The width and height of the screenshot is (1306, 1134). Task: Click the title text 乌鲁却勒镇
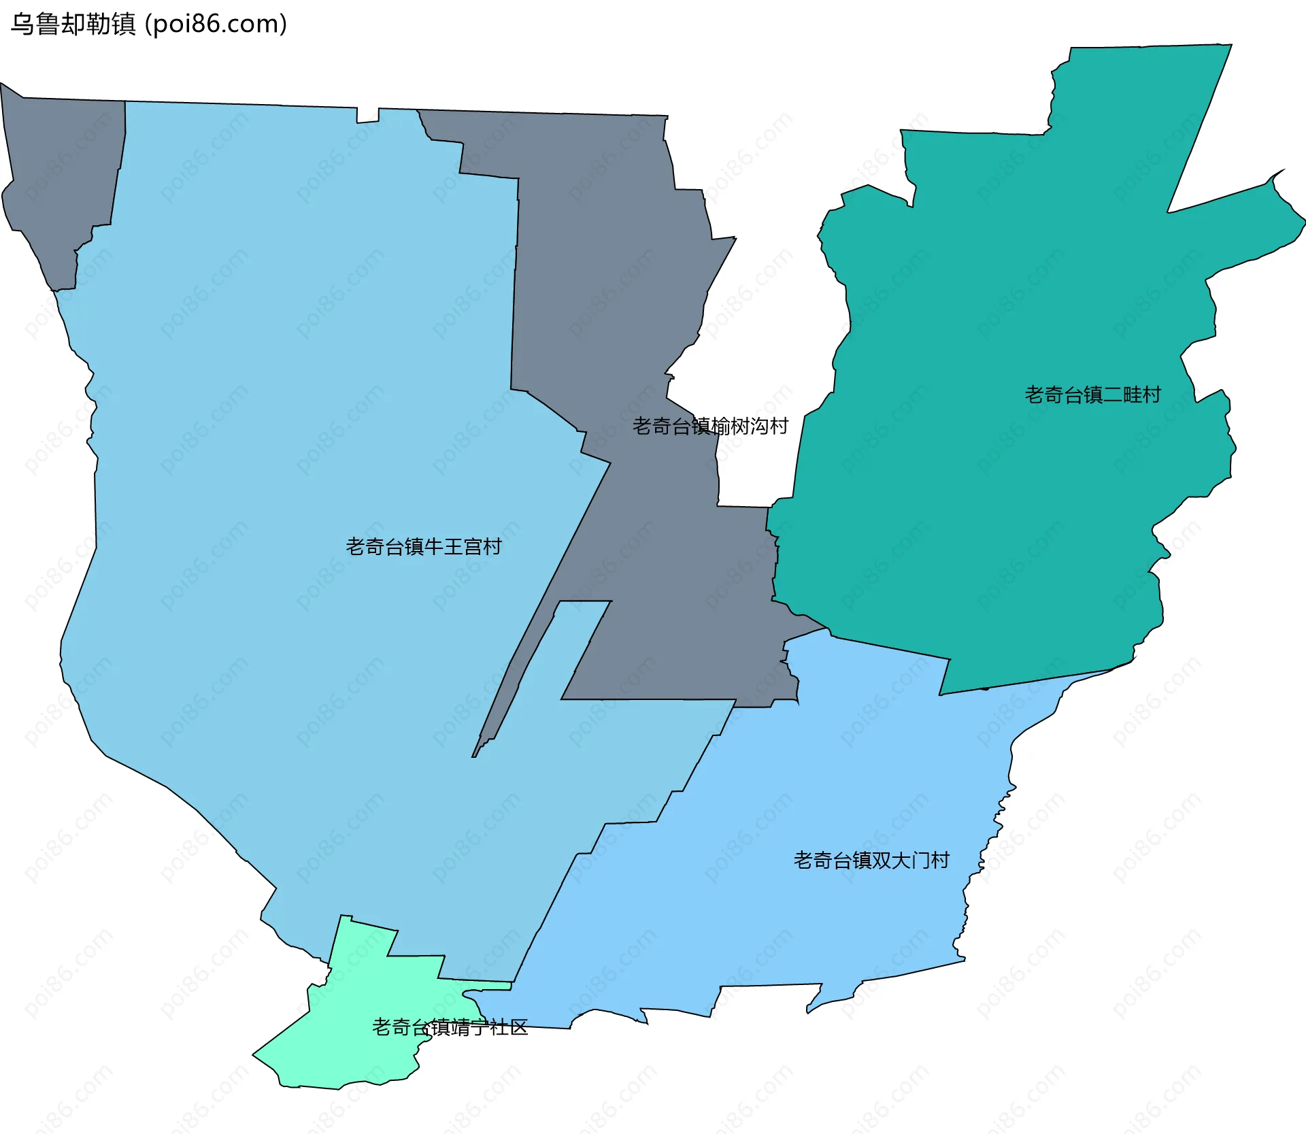click(73, 24)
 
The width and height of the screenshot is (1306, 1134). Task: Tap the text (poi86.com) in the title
click(216, 24)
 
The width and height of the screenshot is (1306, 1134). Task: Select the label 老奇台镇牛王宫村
click(423, 547)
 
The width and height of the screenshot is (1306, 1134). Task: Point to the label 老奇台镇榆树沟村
click(710, 427)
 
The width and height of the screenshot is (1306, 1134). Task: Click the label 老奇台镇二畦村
click(1092, 395)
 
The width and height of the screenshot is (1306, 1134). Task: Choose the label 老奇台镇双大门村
click(871, 861)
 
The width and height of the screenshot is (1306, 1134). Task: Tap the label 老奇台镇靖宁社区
click(450, 1027)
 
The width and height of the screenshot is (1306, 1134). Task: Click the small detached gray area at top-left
click(61, 177)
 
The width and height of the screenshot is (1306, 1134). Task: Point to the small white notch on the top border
click(367, 114)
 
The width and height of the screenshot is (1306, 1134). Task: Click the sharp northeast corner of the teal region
click(1229, 46)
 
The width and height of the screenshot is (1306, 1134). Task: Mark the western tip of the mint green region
click(254, 1055)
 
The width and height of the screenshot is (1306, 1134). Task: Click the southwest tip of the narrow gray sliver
click(474, 756)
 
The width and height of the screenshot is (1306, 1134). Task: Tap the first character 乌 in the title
click(22, 24)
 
